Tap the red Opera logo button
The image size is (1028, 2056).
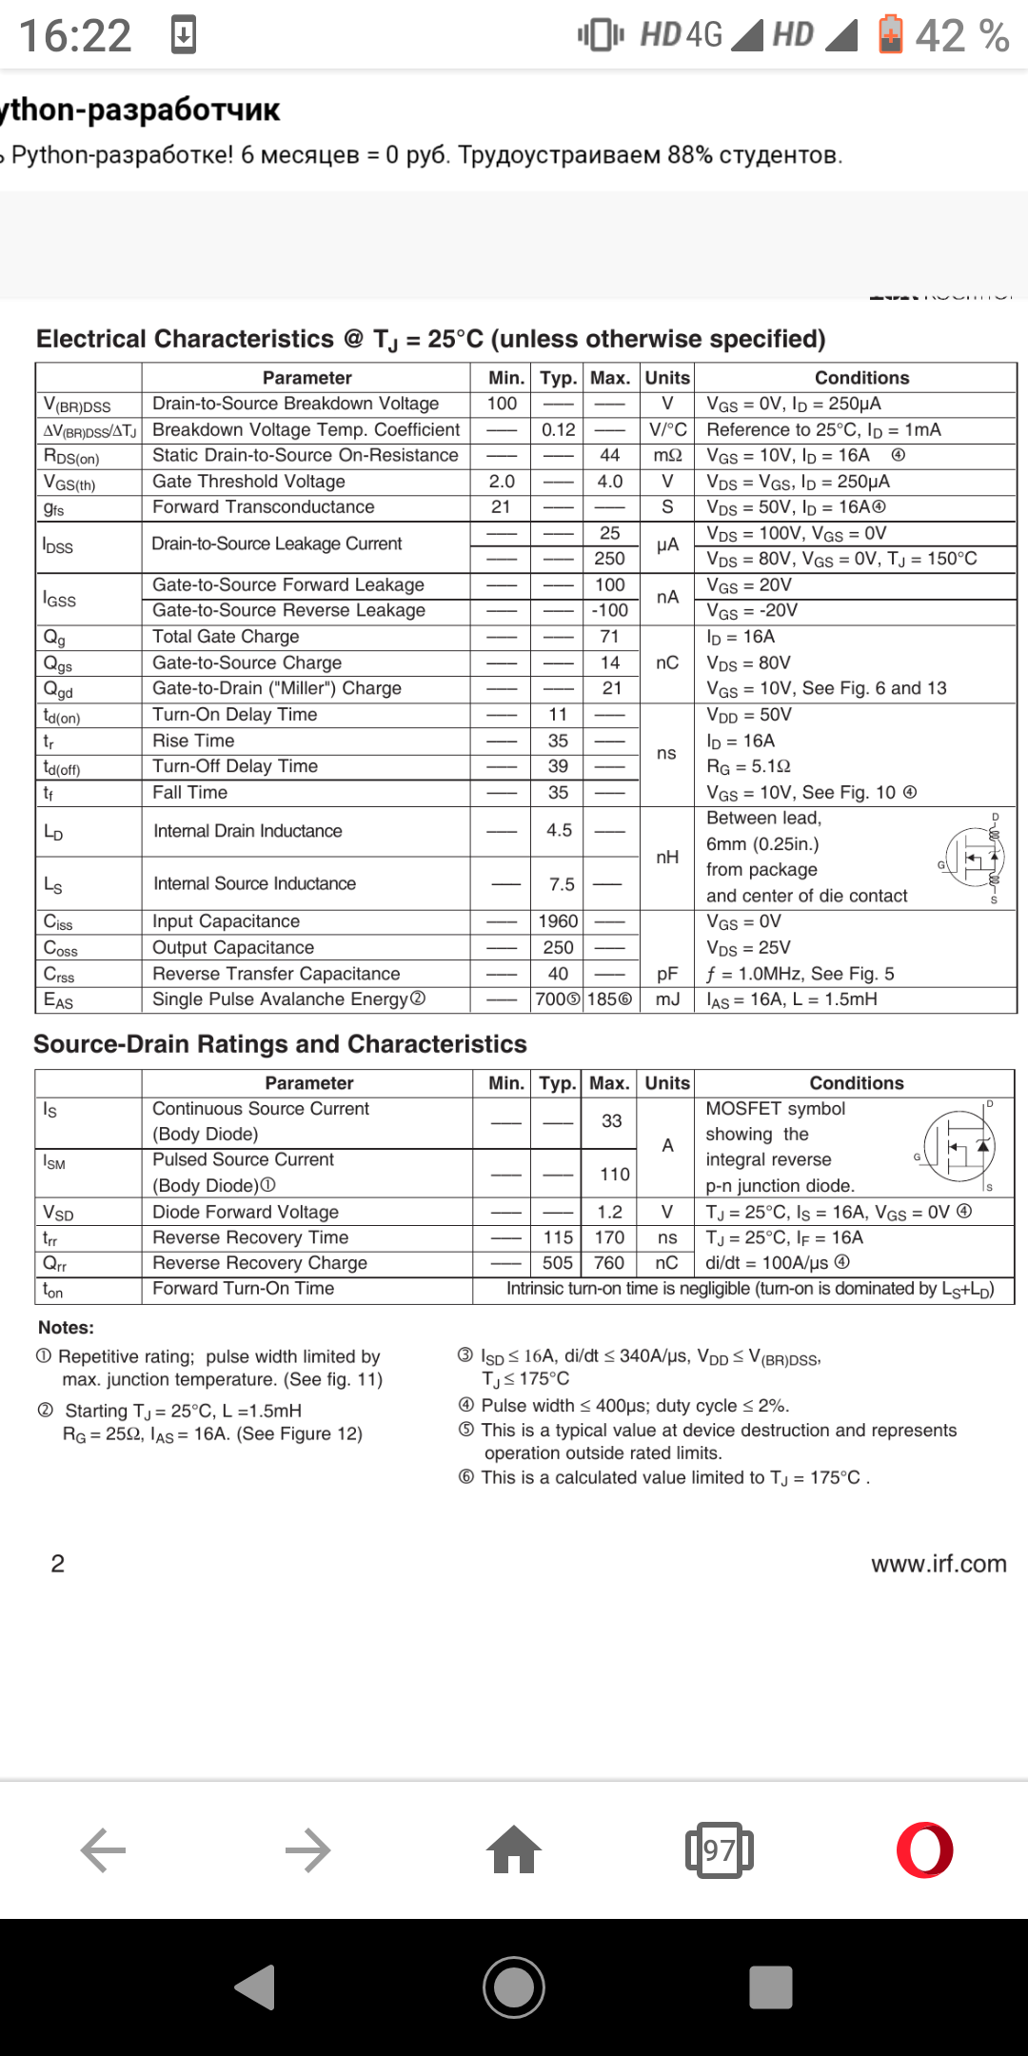(x=924, y=1849)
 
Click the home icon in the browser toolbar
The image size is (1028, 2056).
(x=514, y=1849)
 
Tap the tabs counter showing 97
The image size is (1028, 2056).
(x=720, y=1850)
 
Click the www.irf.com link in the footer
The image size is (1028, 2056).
(x=939, y=1564)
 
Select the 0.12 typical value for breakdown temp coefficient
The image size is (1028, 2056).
(x=559, y=429)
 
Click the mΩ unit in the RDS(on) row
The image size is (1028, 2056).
(x=667, y=455)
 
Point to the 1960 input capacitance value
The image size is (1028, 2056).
(x=558, y=921)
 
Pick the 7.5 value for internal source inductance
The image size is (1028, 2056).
(x=562, y=884)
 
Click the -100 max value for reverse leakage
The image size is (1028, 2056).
(x=610, y=610)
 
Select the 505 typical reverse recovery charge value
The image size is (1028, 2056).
(x=558, y=1263)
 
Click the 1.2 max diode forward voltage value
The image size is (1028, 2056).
(x=610, y=1212)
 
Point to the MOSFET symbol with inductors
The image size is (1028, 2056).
(x=973, y=858)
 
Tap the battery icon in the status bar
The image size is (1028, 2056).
(x=891, y=35)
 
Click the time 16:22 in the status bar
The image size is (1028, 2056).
(x=75, y=36)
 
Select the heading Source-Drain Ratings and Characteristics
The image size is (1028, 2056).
(x=280, y=1044)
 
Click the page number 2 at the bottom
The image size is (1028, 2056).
(x=58, y=1564)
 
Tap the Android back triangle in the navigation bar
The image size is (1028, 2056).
(x=256, y=1987)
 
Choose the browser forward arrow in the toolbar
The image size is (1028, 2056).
(x=307, y=1850)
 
